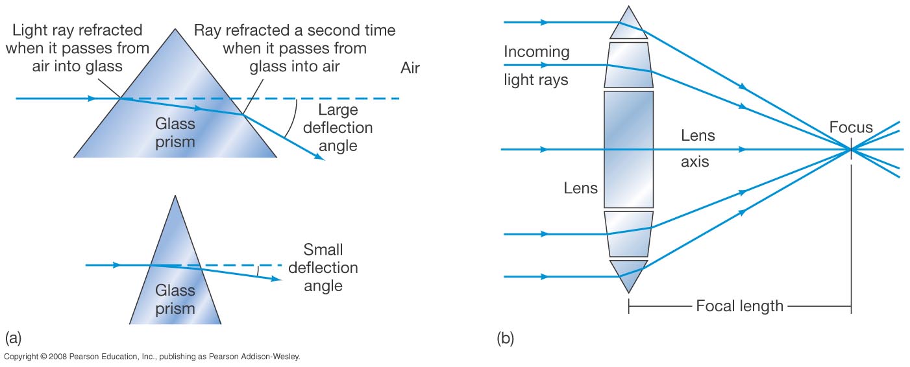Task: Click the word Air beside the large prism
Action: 410,69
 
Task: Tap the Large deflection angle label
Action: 338,128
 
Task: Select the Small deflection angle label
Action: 323,267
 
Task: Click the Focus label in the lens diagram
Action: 851,128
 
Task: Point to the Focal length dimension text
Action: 739,306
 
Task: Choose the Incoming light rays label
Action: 536,65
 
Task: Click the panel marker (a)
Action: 14,337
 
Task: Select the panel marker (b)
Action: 505,338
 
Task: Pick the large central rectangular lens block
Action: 628,149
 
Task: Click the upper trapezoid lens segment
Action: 628,65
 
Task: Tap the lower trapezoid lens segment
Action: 628,233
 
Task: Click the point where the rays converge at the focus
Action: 851,150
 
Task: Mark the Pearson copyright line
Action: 152,357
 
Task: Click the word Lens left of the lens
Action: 581,187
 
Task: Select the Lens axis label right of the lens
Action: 697,149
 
